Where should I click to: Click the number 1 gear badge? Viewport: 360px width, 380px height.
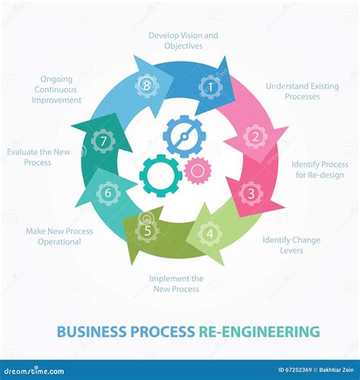click(210, 87)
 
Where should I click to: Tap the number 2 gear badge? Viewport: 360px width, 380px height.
click(255, 137)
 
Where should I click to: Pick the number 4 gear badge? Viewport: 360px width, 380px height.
click(210, 233)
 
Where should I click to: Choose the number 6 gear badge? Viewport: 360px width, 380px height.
click(108, 193)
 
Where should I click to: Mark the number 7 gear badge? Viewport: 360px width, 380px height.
click(103, 141)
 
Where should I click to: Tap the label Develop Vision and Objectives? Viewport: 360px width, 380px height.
click(183, 40)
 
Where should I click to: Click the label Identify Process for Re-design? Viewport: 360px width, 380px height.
click(320, 169)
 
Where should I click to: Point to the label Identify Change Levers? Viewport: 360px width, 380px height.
click(291, 245)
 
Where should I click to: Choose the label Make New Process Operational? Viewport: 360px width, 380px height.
click(59, 236)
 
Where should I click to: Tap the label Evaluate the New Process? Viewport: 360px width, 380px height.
click(38, 157)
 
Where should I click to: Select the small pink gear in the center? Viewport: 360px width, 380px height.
click(197, 170)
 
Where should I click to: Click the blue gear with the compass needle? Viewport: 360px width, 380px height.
click(184, 137)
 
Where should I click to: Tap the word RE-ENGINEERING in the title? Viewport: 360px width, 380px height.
click(259, 332)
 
